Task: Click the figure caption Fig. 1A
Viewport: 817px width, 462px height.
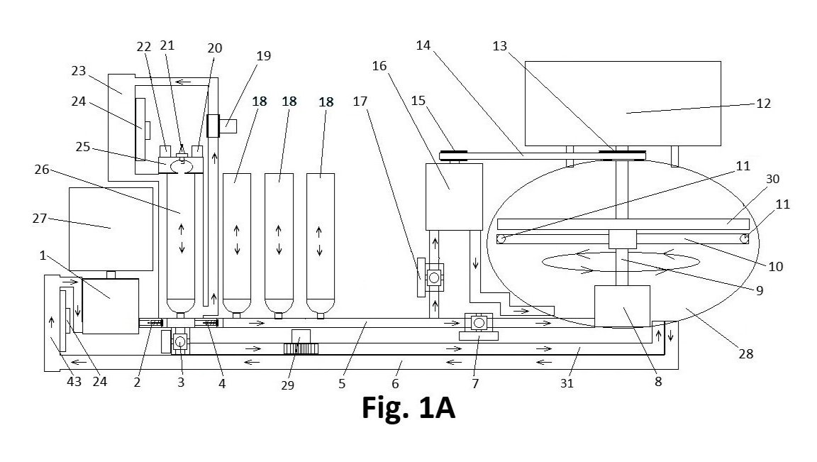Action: coord(408,408)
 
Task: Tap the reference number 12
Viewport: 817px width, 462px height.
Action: coord(763,103)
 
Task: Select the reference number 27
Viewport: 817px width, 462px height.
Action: coord(40,218)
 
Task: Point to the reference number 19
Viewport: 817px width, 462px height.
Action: coord(264,56)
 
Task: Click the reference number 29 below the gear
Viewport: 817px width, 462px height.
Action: coord(288,385)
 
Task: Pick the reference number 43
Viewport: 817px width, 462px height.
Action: coord(74,382)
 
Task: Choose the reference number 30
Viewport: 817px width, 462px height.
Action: coord(772,179)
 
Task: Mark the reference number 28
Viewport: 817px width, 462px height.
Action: coord(746,354)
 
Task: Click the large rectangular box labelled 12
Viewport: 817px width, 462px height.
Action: coord(623,103)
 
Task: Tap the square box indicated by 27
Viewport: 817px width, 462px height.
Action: coord(111,229)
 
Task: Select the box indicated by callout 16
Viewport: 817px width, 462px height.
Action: coord(454,197)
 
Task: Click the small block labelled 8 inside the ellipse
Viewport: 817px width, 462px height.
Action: coord(622,306)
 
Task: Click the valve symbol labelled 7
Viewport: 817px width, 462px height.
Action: coord(478,323)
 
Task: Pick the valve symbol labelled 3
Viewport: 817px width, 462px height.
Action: coord(180,341)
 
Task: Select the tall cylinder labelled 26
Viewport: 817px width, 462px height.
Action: coord(181,243)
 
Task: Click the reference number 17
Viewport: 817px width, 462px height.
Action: coord(360,101)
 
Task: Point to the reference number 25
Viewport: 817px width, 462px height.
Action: coord(83,147)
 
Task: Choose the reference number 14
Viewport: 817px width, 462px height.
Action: coord(423,45)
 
